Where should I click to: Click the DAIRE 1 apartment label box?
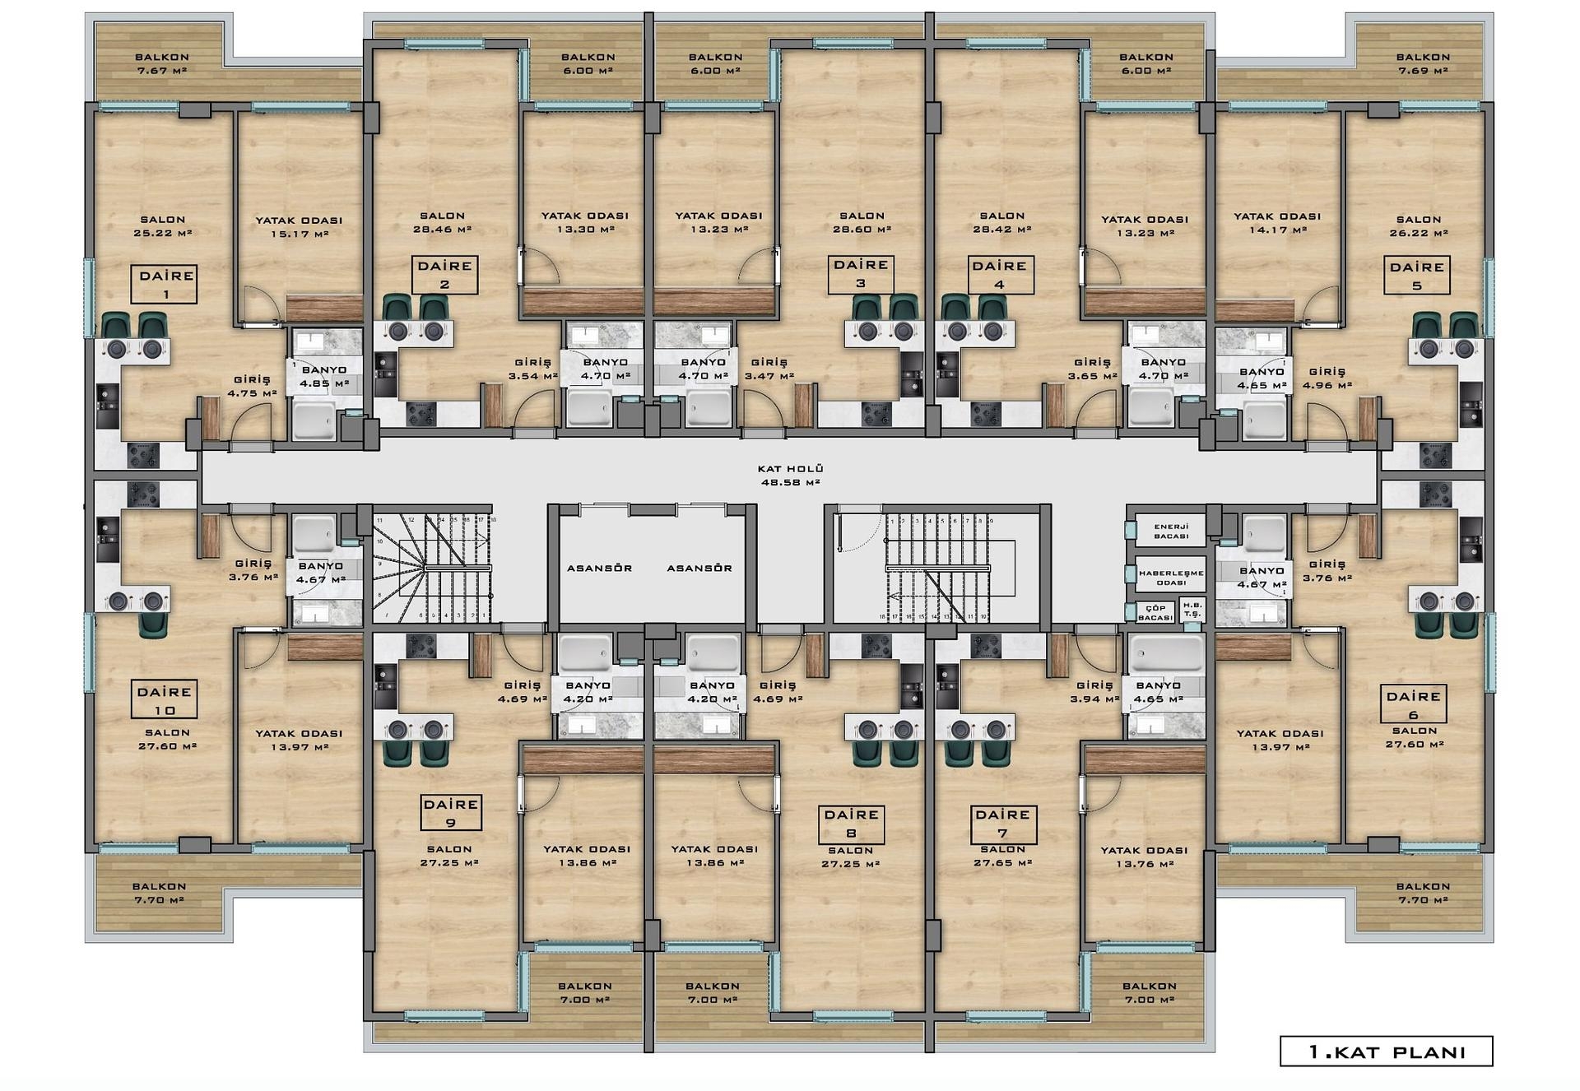click(165, 284)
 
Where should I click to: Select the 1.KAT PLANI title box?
click(1386, 1052)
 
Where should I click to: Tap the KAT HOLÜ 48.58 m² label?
click(790, 476)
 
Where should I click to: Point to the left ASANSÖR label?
click(599, 569)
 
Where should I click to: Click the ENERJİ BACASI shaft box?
click(1171, 531)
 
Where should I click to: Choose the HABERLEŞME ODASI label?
click(1171, 577)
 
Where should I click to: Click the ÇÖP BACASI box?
click(1155, 612)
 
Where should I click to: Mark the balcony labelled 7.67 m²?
click(161, 63)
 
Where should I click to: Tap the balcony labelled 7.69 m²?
click(1423, 63)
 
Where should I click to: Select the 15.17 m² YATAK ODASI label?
click(299, 227)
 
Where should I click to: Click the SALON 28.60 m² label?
click(862, 222)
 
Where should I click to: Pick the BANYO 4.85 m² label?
click(323, 377)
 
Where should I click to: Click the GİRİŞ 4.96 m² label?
click(1327, 378)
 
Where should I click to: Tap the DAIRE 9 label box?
click(450, 813)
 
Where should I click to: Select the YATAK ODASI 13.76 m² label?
click(1144, 857)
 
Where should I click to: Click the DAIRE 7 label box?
click(1002, 823)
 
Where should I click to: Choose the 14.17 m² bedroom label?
click(1277, 223)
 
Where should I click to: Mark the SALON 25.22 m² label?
click(162, 226)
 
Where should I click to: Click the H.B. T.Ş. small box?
click(1192, 610)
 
